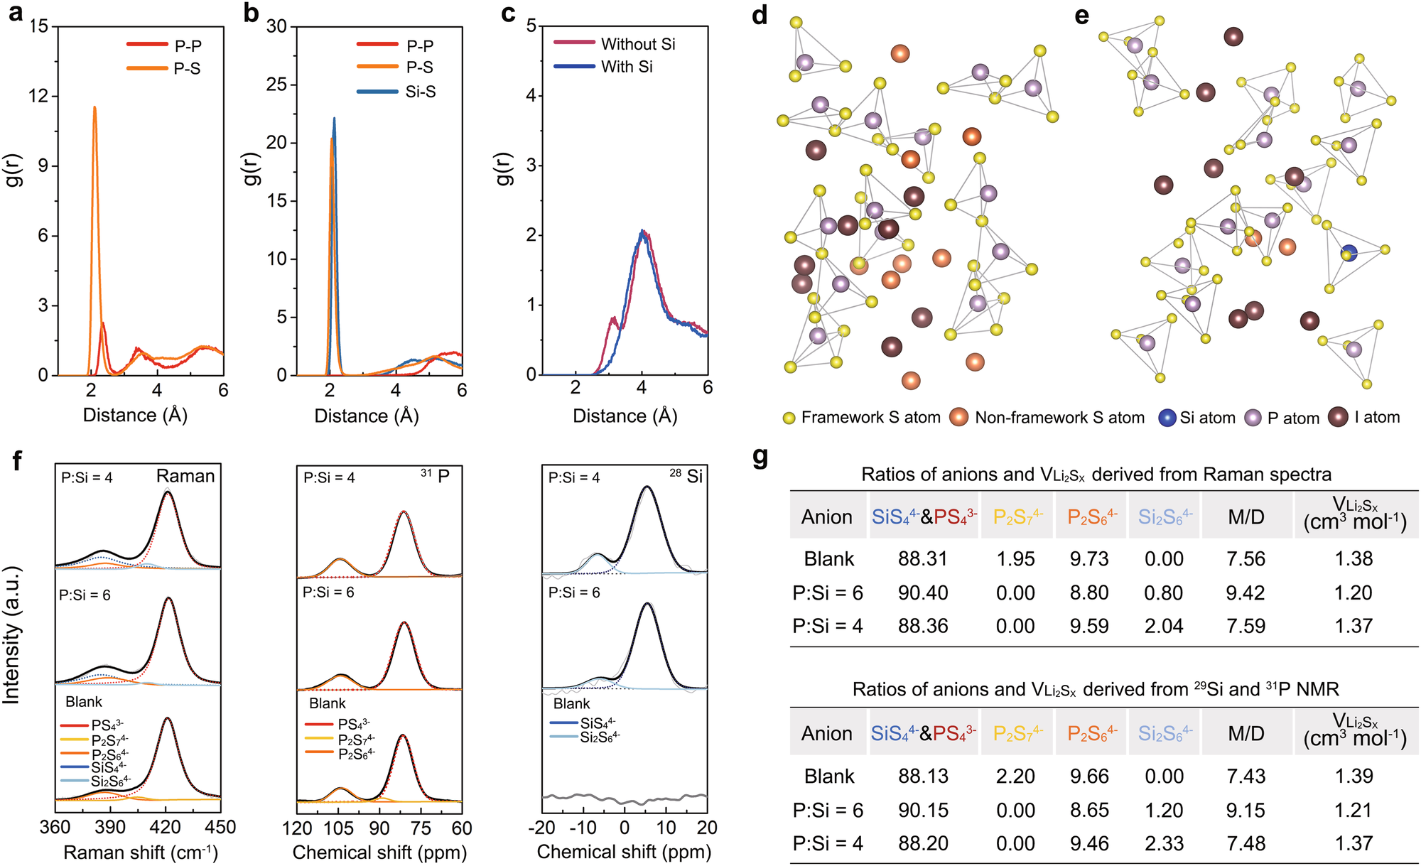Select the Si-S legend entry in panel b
[x=420, y=92]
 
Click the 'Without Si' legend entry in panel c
[x=637, y=44]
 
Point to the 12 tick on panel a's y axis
[x=38, y=96]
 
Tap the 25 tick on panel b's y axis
[x=276, y=85]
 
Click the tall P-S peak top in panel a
[x=94, y=108]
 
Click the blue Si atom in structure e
[x=1348, y=253]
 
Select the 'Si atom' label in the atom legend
[x=1207, y=418]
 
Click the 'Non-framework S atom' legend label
[x=1059, y=418]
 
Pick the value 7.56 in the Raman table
[x=1246, y=559]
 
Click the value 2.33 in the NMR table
[x=1164, y=843]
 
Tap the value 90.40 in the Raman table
[x=922, y=592]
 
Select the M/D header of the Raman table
[x=1246, y=517]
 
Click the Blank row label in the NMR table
[x=828, y=776]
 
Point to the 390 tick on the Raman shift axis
[x=109, y=828]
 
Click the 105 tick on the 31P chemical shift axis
[x=338, y=828]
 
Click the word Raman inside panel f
[x=185, y=476]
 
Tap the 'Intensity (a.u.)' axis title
[x=11, y=636]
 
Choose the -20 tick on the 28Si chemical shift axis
[x=541, y=828]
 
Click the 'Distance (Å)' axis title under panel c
[x=625, y=416]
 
